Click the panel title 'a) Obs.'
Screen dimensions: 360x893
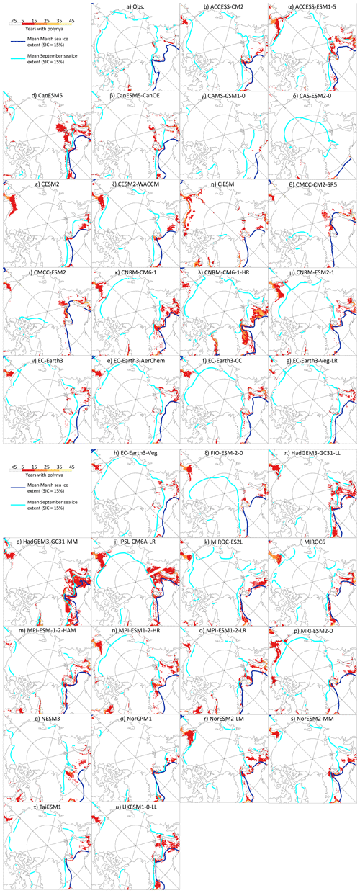point(136,6)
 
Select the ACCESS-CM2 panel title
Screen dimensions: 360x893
point(224,6)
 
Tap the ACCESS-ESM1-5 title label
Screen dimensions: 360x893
point(312,6)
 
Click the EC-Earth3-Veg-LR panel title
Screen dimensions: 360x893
point(312,360)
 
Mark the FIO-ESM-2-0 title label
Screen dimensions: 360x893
point(224,453)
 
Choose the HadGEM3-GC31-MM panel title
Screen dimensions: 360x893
point(47,542)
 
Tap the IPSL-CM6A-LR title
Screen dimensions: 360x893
point(136,542)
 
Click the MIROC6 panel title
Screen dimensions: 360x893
point(312,542)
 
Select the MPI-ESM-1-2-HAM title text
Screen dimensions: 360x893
point(47,630)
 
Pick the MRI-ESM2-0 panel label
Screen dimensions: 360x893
point(313,630)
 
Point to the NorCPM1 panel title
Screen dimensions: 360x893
point(135,719)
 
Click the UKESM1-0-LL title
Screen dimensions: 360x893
point(135,807)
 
